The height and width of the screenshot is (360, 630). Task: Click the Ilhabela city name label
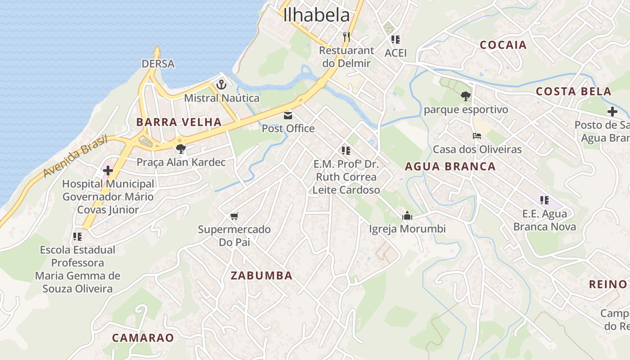click(316, 15)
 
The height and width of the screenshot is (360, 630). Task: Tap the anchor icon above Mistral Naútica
click(221, 84)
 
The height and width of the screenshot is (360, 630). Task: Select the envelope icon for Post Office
click(288, 115)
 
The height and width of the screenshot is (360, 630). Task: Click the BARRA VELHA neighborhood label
click(179, 122)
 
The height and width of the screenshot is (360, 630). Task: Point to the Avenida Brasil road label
click(76, 156)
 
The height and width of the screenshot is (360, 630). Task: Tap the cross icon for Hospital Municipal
click(108, 171)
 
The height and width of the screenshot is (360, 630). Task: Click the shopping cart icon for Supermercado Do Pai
click(234, 216)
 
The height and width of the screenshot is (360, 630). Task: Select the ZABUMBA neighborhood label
click(261, 276)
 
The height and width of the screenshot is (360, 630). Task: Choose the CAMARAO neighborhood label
click(143, 337)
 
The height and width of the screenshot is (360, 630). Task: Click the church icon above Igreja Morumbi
click(407, 216)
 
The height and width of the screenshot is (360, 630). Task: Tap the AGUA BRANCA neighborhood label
click(450, 166)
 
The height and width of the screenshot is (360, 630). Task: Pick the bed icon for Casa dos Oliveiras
click(477, 136)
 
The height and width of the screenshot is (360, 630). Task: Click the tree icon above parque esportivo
click(466, 96)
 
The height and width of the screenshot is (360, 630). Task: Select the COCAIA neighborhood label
click(503, 45)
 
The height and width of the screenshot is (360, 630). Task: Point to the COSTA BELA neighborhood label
click(573, 92)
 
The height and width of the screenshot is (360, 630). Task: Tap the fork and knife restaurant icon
click(346, 37)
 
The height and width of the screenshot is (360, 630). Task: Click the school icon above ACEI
click(396, 40)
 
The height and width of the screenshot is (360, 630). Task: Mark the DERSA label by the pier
click(158, 64)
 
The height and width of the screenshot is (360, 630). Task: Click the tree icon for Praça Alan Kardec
click(181, 148)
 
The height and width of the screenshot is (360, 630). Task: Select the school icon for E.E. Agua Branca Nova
click(544, 200)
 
